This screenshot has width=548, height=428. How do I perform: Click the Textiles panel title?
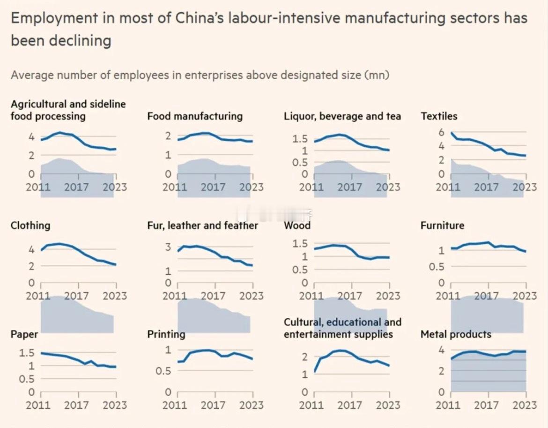[x=439, y=116]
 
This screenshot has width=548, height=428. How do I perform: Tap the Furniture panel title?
[x=442, y=225]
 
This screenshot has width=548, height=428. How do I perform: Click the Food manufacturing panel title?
[x=195, y=116]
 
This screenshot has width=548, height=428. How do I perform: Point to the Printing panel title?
[x=166, y=334]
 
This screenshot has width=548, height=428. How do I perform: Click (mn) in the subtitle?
[x=379, y=75]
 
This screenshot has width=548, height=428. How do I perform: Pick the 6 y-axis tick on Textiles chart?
[x=441, y=133]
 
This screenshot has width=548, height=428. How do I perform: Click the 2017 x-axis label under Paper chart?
[x=76, y=405]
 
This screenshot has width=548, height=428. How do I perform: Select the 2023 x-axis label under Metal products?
[x=525, y=405]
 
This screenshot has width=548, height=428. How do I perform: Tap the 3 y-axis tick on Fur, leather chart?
[x=169, y=247]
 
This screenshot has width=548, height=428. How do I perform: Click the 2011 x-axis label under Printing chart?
[x=175, y=405]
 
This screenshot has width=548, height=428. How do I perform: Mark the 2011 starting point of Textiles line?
[x=452, y=133]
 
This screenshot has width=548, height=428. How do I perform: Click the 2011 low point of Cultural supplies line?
[x=314, y=372]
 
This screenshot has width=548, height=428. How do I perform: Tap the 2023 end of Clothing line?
[x=115, y=265]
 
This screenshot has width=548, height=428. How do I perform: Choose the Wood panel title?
[x=297, y=225]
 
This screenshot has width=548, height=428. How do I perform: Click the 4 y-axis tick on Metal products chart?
[x=441, y=350]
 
